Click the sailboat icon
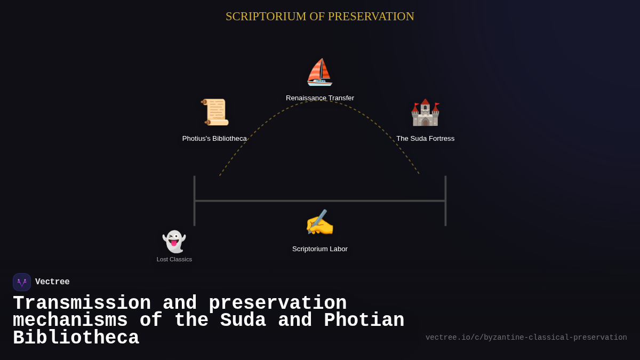(319, 73)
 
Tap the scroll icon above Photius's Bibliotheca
(215, 112)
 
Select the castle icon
(425, 113)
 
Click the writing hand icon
(319, 223)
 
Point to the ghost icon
(174, 242)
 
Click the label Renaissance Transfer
(320, 98)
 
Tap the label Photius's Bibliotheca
(214, 139)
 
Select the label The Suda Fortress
(425, 139)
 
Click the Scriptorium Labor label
(320, 249)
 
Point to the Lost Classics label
(174, 259)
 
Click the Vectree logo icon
(22, 282)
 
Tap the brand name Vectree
(52, 282)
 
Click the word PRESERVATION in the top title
(371, 17)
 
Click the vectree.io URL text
(526, 338)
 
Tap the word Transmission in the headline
(82, 303)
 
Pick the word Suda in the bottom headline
(243, 321)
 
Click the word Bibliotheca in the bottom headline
(76, 338)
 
